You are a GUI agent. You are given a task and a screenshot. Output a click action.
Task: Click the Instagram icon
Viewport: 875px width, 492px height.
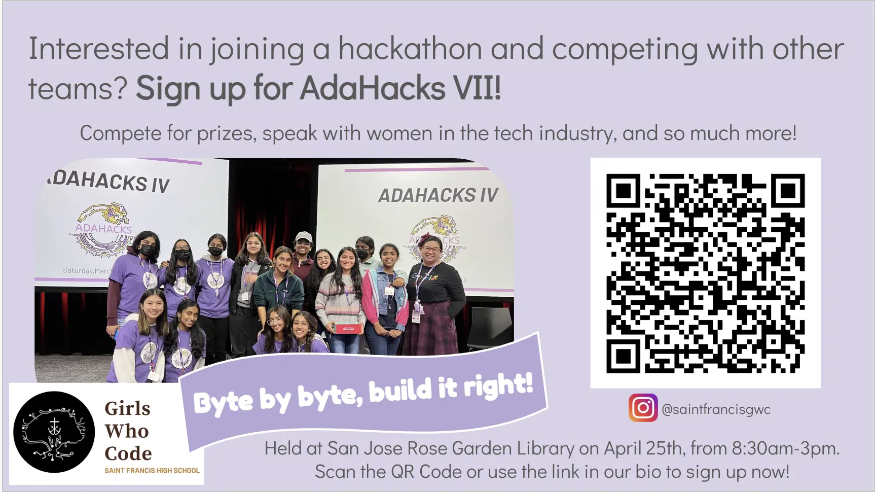tap(643, 408)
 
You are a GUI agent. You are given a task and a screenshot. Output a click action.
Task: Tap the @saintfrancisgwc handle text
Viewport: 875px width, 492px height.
tap(716, 409)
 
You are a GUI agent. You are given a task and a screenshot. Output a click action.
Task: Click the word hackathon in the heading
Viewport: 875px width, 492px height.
tap(410, 49)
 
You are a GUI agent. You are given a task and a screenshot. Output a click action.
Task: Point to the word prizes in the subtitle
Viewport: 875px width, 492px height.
tap(225, 134)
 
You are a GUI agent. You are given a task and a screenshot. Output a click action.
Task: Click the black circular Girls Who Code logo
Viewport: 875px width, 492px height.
tap(54, 432)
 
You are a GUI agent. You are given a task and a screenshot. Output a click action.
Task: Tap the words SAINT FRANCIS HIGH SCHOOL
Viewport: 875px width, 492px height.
tap(152, 471)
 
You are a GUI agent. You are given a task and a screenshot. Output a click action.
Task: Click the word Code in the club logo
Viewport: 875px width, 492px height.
tap(128, 453)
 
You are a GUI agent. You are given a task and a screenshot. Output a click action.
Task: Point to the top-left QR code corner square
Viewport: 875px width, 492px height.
tap(624, 191)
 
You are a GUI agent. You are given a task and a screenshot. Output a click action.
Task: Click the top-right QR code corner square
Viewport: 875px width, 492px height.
tap(788, 191)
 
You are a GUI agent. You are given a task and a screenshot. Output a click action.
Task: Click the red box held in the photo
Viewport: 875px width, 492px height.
tap(349, 328)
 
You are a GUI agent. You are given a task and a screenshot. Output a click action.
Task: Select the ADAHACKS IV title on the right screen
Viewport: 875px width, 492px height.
tap(438, 195)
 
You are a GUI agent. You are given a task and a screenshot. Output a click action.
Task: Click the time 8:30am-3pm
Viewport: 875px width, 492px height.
tap(785, 448)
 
